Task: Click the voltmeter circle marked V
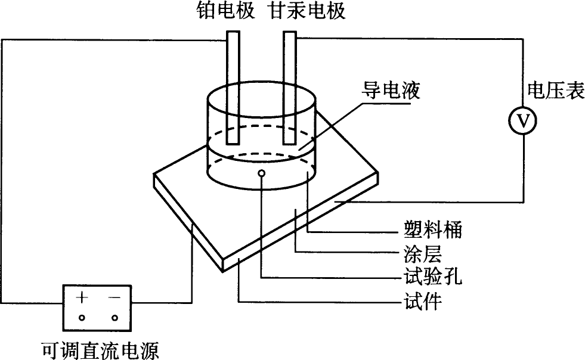click(523, 122)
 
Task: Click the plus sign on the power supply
click(82, 297)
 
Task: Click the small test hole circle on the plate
click(261, 173)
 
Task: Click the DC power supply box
click(98, 306)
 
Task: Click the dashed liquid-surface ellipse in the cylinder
click(260, 127)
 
